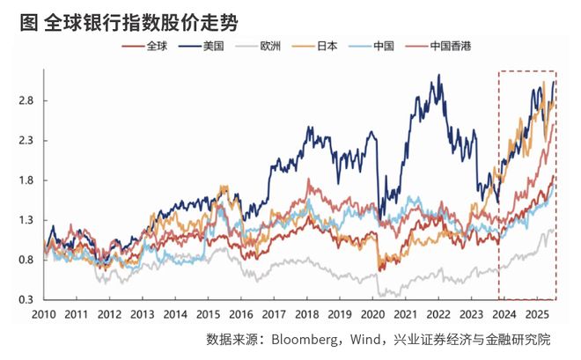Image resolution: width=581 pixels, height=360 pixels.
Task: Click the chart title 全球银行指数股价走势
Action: pyautogui.click(x=141, y=18)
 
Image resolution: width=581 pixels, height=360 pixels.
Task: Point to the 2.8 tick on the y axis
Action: pyautogui.click(x=27, y=100)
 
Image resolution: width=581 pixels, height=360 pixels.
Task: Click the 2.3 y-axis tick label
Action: pyautogui.click(x=27, y=140)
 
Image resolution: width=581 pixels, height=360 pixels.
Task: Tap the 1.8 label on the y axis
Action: pyautogui.click(x=27, y=180)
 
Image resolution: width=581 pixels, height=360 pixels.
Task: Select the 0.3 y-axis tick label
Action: pyautogui.click(x=27, y=300)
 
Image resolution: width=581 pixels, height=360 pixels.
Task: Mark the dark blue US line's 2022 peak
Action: pyautogui.click(x=438, y=77)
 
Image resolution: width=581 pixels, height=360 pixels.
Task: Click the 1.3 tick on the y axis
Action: pyautogui.click(x=27, y=220)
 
